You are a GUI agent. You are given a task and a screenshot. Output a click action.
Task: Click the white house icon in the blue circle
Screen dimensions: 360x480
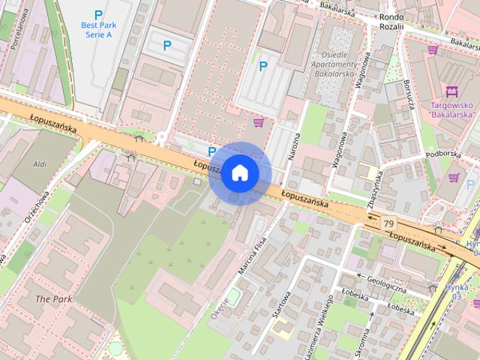(239, 173)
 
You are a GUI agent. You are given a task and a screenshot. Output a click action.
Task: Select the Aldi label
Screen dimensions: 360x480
(40, 163)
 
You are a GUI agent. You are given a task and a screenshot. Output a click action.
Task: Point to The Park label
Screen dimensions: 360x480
(53, 298)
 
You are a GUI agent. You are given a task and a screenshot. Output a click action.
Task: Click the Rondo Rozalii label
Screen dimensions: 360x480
(391, 22)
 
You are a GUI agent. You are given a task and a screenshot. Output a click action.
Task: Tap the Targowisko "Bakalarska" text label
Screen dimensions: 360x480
(452, 110)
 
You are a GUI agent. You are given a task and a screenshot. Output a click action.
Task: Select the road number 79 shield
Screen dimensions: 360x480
(388, 223)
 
